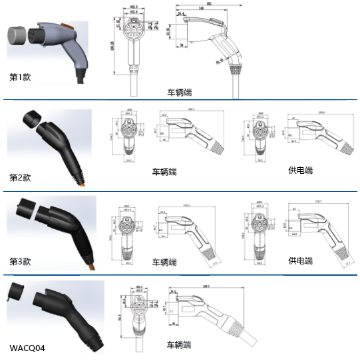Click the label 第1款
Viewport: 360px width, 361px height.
(20, 77)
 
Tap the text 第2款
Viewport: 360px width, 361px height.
(20, 178)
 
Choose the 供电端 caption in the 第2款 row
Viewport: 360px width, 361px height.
(301, 171)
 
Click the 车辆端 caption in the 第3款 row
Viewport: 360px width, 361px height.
(165, 262)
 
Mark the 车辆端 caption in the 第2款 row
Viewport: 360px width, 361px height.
(165, 171)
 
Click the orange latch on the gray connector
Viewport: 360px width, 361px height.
(67, 27)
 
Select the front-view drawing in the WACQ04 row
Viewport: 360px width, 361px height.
(140, 310)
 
